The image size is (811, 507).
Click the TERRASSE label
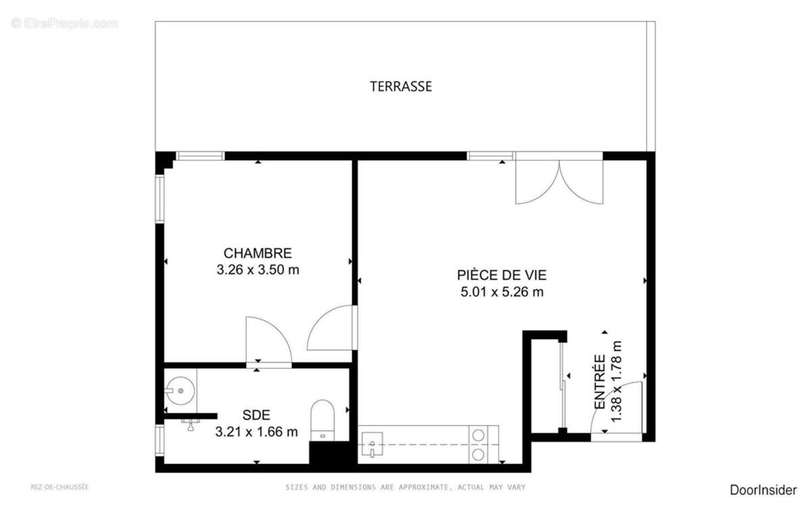[401, 87]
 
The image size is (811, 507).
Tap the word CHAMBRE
[257, 254]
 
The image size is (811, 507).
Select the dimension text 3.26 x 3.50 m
[257, 270]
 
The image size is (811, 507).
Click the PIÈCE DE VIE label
[501, 275]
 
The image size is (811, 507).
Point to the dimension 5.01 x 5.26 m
[501, 292]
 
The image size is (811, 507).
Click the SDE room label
[256, 415]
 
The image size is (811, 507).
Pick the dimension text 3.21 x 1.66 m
[256, 431]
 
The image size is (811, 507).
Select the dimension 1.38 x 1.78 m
[616, 382]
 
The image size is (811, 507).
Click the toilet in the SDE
[322, 419]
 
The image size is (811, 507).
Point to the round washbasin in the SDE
[180, 390]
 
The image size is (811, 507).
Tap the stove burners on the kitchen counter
[478, 444]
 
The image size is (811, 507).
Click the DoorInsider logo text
[763, 490]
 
